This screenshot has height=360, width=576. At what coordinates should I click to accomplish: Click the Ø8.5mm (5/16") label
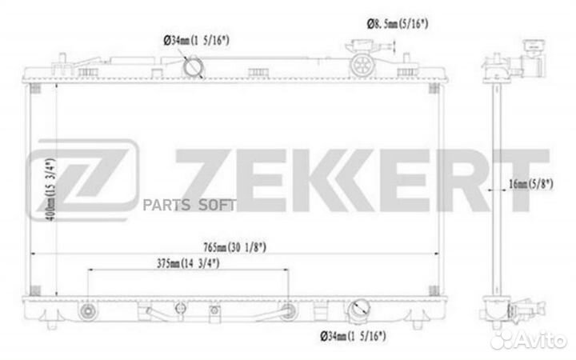tap(393, 24)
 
